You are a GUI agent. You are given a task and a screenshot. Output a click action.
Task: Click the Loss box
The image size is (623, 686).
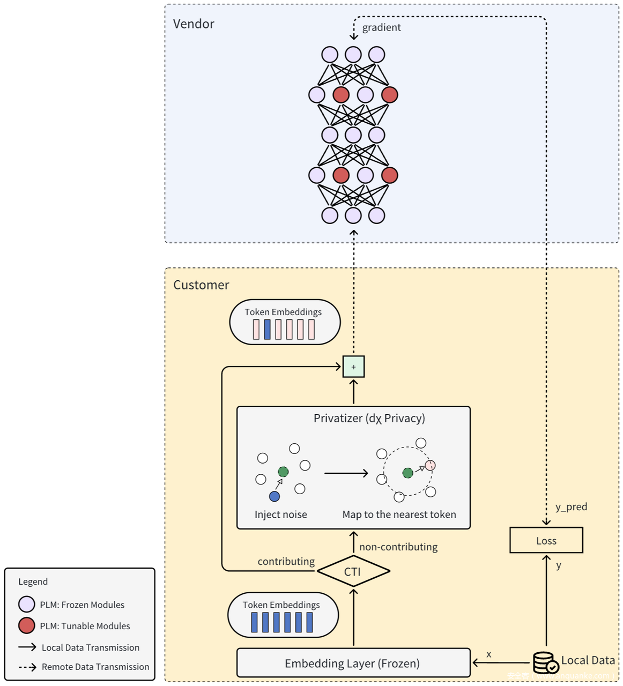click(x=546, y=540)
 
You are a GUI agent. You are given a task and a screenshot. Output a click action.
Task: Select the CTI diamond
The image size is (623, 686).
click(x=353, y=571)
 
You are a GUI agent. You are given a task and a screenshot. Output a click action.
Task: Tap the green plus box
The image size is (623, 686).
click(x=353, y=367)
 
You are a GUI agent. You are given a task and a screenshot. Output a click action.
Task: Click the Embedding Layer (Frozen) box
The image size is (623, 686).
click(x=353, y=663)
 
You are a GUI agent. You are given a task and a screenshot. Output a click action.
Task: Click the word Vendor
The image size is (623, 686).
click(x=194, y=24)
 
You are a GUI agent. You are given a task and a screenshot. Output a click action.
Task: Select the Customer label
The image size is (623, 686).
click(x=201, y=285)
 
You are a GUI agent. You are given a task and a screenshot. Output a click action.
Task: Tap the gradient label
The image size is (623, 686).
click(x=381, y=27)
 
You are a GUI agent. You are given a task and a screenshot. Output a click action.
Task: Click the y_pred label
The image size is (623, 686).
click(x=571, y=506)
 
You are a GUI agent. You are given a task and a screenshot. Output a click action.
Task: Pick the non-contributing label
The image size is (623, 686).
click(x=398, y=547)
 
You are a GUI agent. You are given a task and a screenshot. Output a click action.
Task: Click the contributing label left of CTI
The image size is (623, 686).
click(x=286, y=561)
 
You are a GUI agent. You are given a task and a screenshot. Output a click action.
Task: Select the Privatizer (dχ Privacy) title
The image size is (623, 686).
click(x=369, y=418)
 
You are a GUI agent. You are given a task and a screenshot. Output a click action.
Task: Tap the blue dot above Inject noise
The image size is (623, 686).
click(x=275, y=496)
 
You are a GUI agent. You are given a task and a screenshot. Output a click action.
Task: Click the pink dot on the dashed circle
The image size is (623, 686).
click(x=430, y=465)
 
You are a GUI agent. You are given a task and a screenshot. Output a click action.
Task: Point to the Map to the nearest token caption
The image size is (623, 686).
click(x=399, y=514)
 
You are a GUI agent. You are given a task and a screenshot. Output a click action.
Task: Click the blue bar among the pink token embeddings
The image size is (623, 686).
click(x=267, y=329)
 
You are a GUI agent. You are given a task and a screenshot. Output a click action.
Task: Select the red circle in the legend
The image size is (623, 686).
click(x=27, y=625)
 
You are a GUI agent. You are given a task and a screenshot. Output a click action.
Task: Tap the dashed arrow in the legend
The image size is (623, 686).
click(x=27, y=667)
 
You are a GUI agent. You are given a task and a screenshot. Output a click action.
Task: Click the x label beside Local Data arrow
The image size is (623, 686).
click(x=488, y=654)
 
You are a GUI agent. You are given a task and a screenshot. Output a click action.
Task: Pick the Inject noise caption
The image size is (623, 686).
click(x=280, y=514)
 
